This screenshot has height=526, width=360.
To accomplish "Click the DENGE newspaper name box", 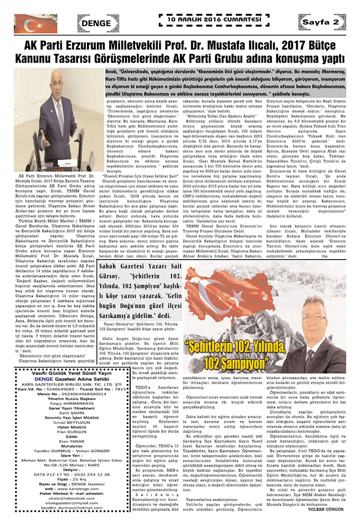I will (x=98, y=23).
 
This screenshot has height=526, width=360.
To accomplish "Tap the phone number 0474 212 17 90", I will (x=36, y=475).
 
